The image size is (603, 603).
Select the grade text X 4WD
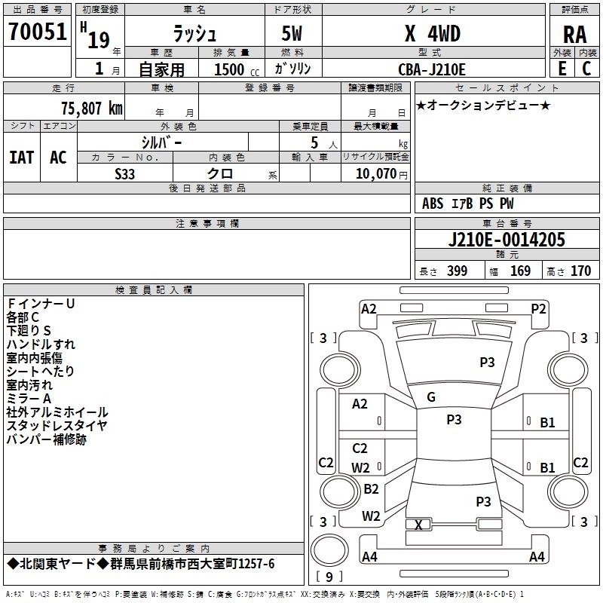point(432,33)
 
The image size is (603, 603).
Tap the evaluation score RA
point(575,35)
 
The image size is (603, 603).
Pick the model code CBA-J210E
point(432,69)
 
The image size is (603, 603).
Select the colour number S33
point(125,173)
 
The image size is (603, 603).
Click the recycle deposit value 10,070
point(374,173)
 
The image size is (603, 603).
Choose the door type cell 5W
point(294,33)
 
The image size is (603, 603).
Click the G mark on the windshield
point(431,396)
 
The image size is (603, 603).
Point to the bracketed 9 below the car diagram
point(328,577)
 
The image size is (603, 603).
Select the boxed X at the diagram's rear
point(418,525)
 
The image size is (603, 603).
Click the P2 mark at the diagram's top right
point(538,308)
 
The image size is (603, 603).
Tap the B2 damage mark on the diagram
point(371,488)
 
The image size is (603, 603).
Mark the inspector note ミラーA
point(29,399)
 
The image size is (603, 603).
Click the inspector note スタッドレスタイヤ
point(57,426)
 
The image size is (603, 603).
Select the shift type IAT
point(21,157)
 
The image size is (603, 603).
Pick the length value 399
point(457,271)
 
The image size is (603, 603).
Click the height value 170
point(581,271)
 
